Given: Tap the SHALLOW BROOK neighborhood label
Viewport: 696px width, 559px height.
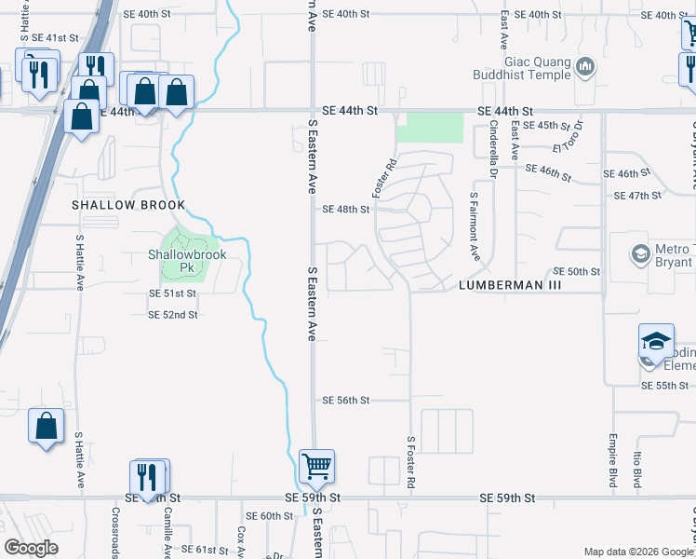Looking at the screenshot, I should click(129, 205).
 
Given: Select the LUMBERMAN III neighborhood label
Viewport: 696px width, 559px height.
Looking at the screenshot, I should click(511, 286).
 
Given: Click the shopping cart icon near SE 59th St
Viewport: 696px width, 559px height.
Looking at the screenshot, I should click(317, 465).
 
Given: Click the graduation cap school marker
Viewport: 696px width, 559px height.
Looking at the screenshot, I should click(656, 342).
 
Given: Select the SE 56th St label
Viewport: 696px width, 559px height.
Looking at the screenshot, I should click(346, 401).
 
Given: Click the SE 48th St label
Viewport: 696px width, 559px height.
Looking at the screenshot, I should click(346, 210).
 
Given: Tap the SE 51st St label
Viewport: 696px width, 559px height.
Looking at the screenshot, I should click(173, 293).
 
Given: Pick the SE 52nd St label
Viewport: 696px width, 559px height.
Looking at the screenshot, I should click(173, 315).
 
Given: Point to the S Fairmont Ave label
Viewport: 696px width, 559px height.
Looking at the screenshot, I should click(474, 226).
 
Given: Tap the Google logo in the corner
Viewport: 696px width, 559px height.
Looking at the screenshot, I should click(32, 547).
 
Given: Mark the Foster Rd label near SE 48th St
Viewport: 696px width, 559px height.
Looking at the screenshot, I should click(383, 176).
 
